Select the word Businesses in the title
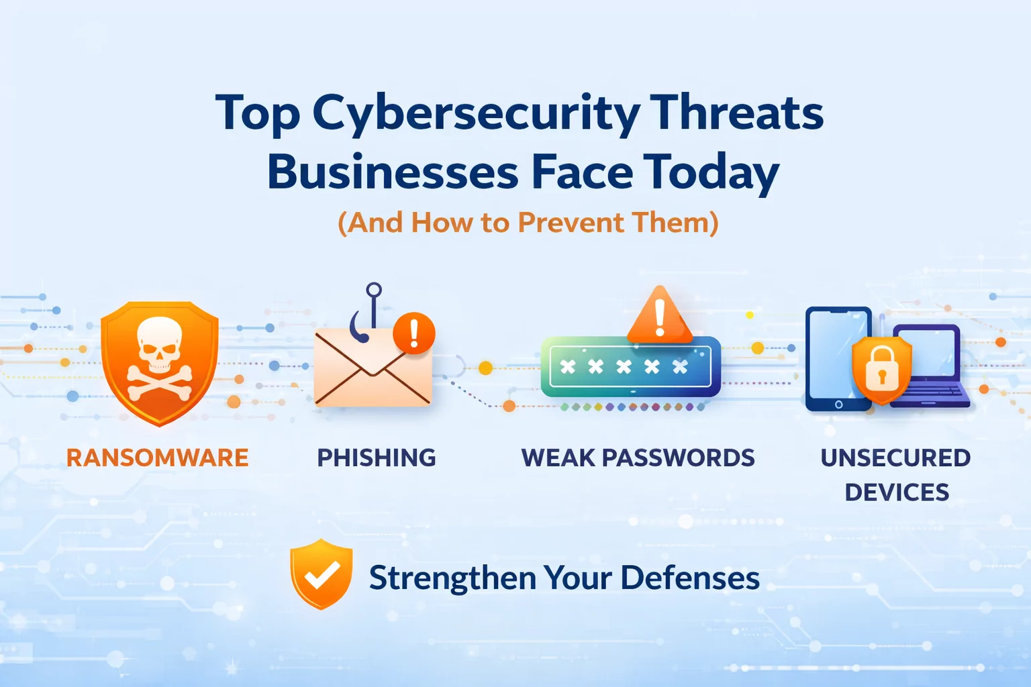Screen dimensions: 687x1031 click(393, 172)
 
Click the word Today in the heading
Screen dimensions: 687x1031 click(711, 172)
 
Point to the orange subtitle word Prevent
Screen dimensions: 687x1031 click(571, 222)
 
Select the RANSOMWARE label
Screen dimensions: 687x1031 click(157, 458)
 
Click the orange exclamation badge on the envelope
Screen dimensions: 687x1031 click(413, 333)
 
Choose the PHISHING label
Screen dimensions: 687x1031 click(377, 458)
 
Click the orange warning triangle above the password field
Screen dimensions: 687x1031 click(659, 315)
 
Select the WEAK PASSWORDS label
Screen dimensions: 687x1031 click(638, 458)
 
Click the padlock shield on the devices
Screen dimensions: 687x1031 click(882, 370)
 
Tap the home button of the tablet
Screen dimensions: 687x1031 click(838, 405)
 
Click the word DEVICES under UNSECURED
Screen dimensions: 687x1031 click(897, 492)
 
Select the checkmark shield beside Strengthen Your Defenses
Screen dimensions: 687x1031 click(322, 574)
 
